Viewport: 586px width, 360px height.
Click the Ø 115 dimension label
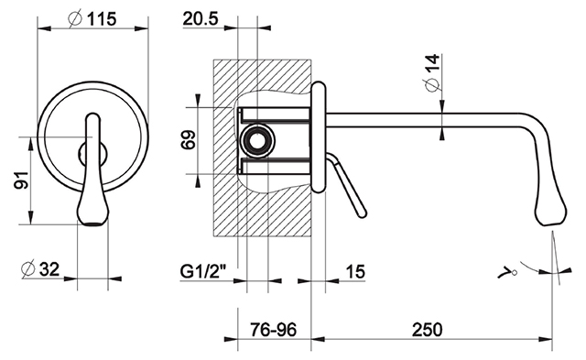[x=92, y=18]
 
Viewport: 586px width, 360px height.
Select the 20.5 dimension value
[x=201, y=18]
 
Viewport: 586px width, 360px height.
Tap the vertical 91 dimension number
[x=21, y=180]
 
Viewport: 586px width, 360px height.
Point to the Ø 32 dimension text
[x=40, y=268]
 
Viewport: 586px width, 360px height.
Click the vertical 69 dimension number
[x=188, y=139]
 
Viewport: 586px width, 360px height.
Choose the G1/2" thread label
[x=203, y=271]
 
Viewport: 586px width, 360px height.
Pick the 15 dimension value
[x=355, y=271]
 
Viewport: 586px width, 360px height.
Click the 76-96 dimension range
[x=273, y=330]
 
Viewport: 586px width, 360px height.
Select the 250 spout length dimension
[x=427, y=330]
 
